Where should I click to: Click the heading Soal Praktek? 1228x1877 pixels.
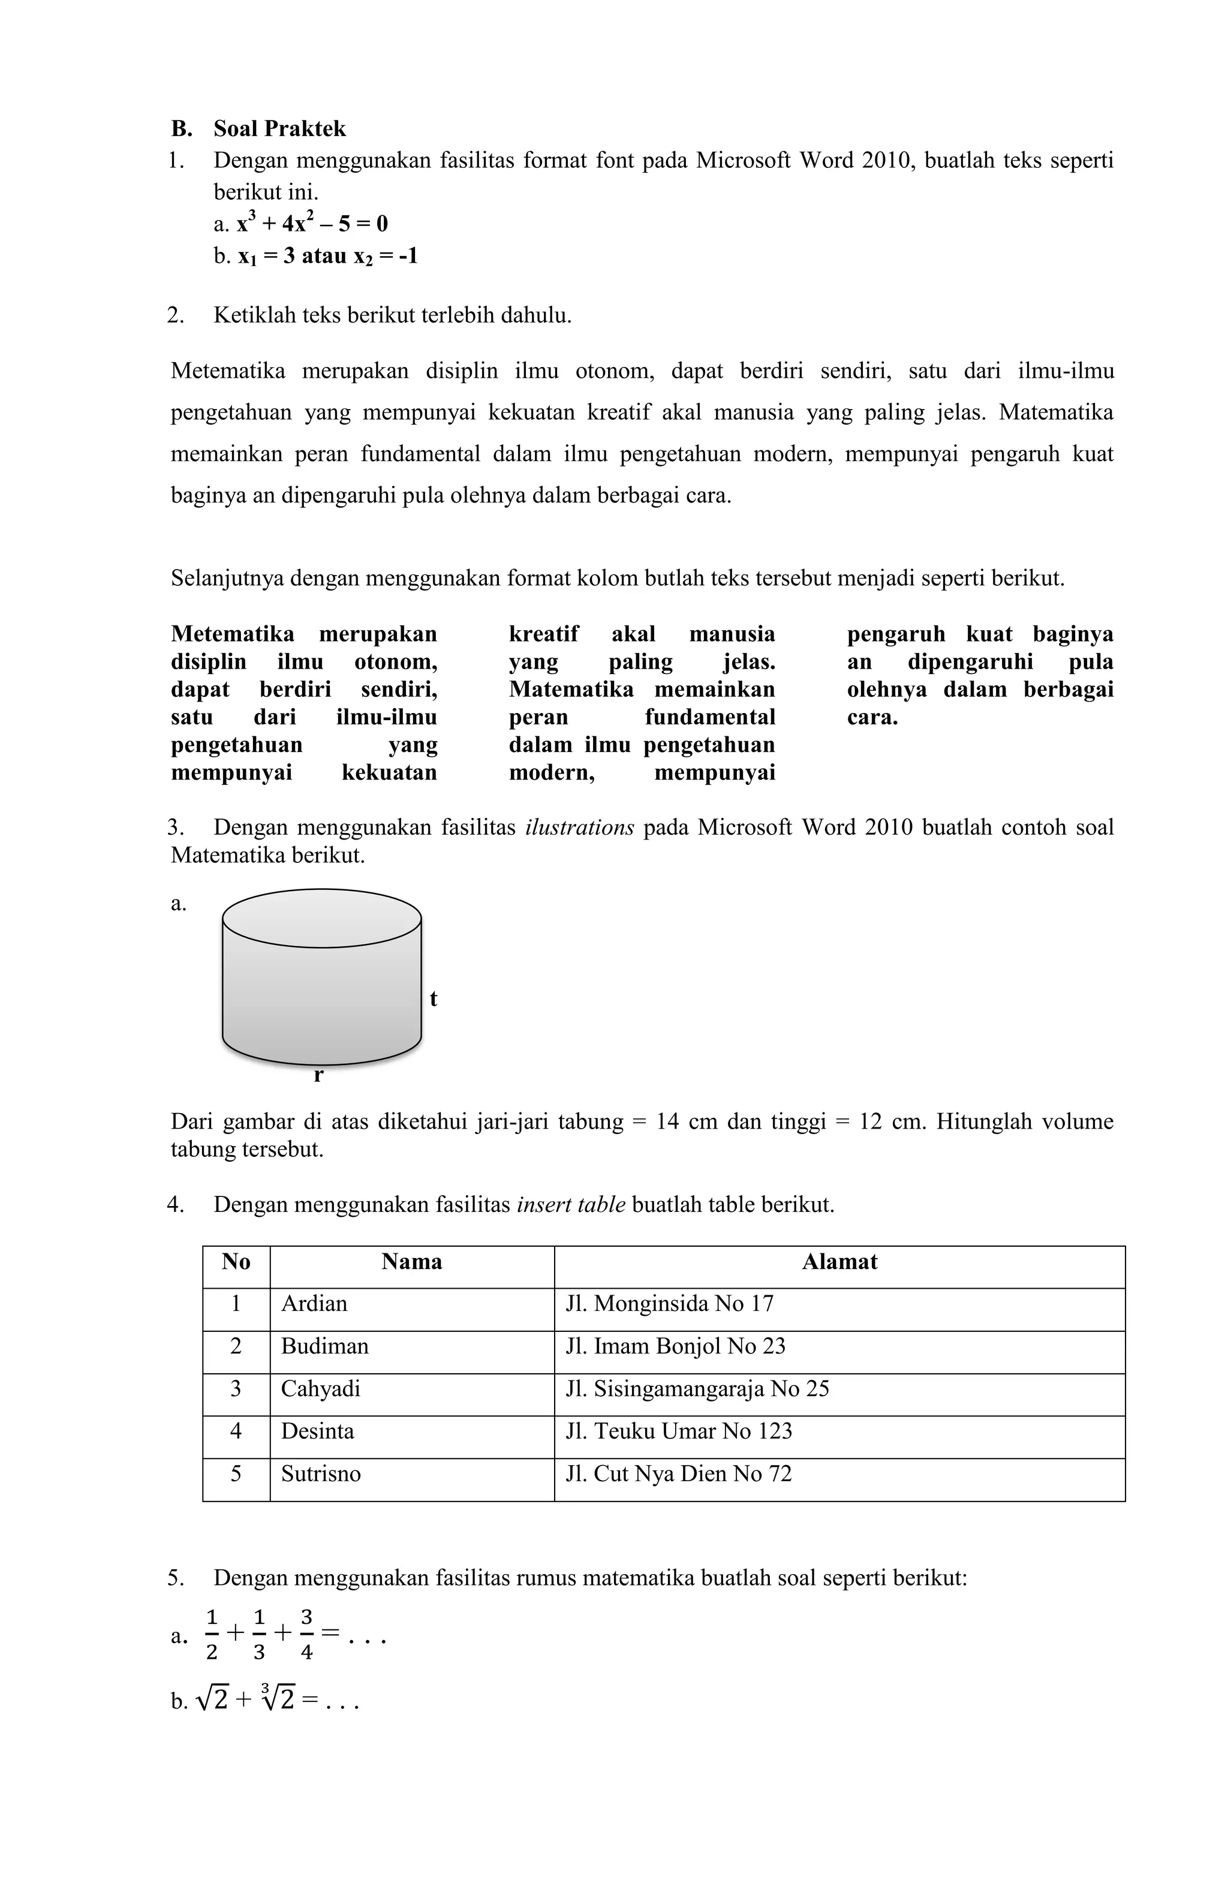coord(279,128)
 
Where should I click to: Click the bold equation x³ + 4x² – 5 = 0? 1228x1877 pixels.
coord(312,224)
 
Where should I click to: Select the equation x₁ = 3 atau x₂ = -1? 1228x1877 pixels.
coord(327,255)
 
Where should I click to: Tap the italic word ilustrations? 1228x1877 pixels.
coord(579,828)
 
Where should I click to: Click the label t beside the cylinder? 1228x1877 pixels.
coord(433,999)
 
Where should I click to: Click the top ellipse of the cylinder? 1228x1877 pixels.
coord(322,919)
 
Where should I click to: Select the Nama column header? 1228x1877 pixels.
coord(412,1262)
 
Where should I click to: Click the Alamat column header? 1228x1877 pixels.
coord(839,1262)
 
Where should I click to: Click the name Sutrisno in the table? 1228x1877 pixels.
coord(321,1474)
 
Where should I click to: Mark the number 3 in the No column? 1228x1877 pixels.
coord(236,1389)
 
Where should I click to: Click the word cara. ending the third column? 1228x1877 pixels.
coord(872,718)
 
